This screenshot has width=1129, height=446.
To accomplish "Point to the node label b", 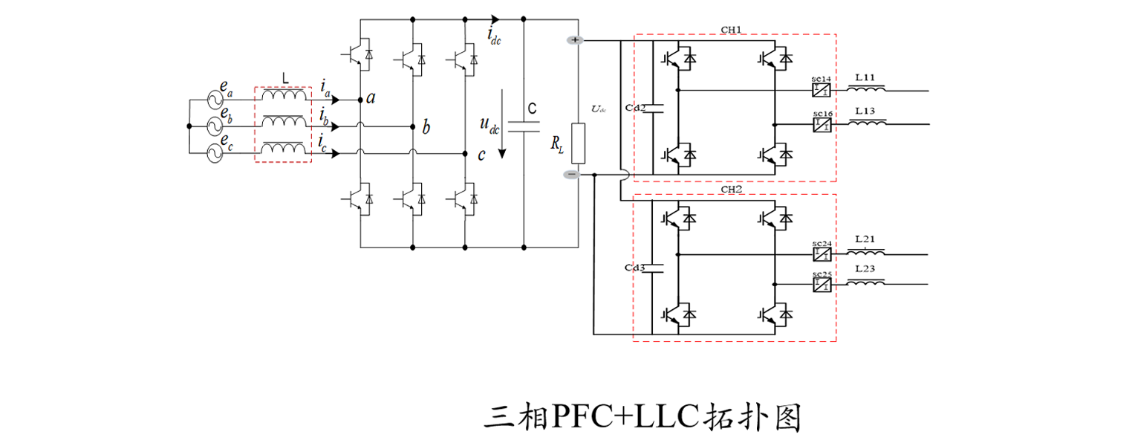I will click(426, 127).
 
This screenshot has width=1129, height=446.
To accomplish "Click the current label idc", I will click(494, 35).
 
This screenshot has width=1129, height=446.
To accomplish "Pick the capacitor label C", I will click(532, 109).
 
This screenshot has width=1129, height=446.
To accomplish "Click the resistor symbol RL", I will click(578, 143).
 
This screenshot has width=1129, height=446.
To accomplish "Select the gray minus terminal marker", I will click(571, 175).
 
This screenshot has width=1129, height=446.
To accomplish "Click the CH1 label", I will click(731, 30).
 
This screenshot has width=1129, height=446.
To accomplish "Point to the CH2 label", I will click(731, 190).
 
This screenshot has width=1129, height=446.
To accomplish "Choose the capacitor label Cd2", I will click(636, 108).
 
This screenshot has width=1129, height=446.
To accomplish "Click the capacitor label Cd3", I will click(636, 266).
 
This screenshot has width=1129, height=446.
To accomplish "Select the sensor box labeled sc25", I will click(821, 284).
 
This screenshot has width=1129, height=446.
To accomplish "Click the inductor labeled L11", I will click(866, 89).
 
